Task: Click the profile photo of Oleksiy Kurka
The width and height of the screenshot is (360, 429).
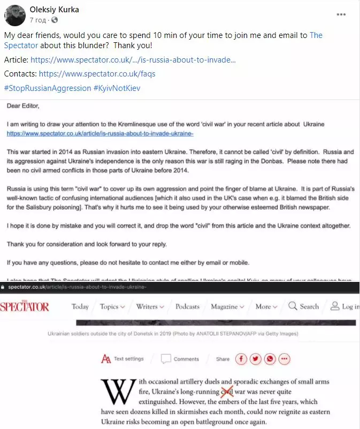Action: pyautogui.click(x=15, y=15)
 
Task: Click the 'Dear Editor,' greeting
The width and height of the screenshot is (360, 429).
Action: pyautogui.click(x=23, y=106)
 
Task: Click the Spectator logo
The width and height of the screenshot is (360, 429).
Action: pyautogui.click(x=25, y=307)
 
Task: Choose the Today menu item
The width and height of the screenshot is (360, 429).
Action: pyautogui.click(x=80, y=307)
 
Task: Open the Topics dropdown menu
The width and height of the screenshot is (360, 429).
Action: pyautogui.click(x=112, y=307)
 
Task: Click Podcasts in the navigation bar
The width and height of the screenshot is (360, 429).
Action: pyautogui.click(x=187, y=307)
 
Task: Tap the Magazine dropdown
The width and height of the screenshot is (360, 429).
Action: pyautogui.click(x=227, y=307)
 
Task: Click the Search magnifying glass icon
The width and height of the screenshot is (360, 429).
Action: pyautogui.click(x=293, y=307)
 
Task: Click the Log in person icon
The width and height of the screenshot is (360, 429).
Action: pyautogui.click(x=335, y=307)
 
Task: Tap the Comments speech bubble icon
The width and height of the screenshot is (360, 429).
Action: pyautogui.click(x=166, y=359)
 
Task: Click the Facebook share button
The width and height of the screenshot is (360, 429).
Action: pyautogui.click(x=241, y=359)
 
